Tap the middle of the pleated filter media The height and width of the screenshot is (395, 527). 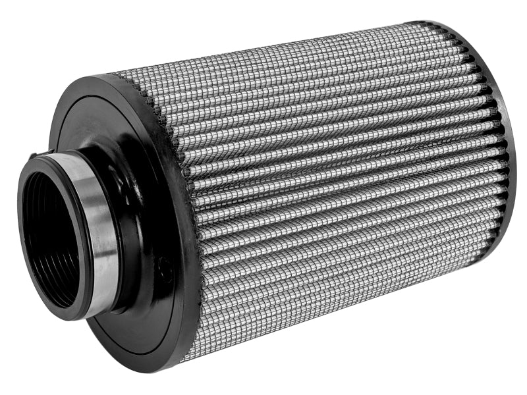coord(329,197)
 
